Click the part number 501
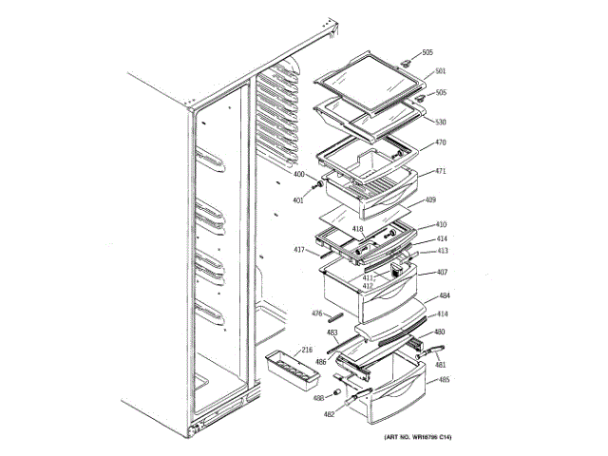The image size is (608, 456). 440,71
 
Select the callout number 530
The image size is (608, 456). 440,122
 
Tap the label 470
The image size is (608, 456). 440,142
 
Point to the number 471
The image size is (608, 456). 440,172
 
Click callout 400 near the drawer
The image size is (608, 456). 298,175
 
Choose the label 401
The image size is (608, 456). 298,200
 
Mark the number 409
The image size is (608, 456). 430,200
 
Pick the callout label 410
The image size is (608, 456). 441,225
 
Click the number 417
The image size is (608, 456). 298,251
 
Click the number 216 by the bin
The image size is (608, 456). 307,351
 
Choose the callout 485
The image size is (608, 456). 444,380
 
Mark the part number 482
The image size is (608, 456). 329,414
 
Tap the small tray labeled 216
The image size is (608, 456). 289,370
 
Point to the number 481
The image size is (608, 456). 440,364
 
